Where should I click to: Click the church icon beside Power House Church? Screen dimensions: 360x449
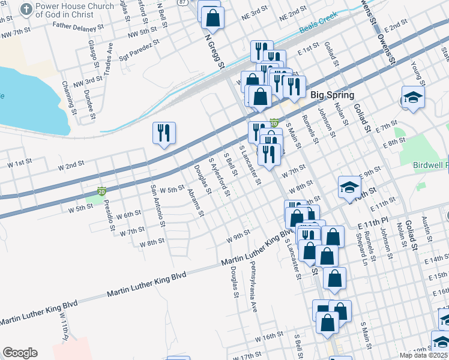[26, 9]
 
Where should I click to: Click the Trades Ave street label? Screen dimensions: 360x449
[110, 55]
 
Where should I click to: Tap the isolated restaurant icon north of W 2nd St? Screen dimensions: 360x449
[164, 134]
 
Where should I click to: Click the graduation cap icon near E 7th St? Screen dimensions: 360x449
[413, 97]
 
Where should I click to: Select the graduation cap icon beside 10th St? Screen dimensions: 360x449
[349, 188]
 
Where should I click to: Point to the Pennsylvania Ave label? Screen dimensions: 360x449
[254, 278]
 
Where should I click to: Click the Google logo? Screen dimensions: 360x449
[20, 353]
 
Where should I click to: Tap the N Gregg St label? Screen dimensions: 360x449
[214, 51]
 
